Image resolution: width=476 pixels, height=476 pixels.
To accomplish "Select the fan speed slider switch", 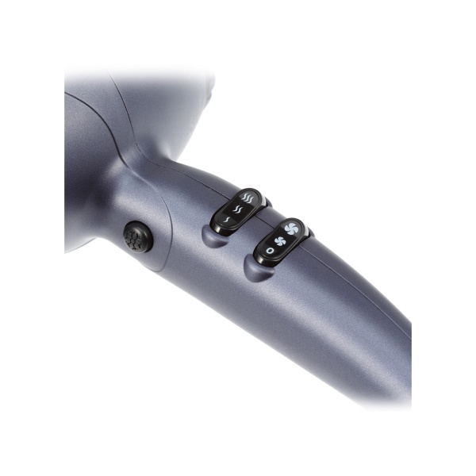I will tap(280, 239).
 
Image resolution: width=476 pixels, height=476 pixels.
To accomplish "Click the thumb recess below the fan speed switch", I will tap(255, 269).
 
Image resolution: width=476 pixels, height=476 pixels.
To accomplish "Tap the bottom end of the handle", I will tap(397, 373).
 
